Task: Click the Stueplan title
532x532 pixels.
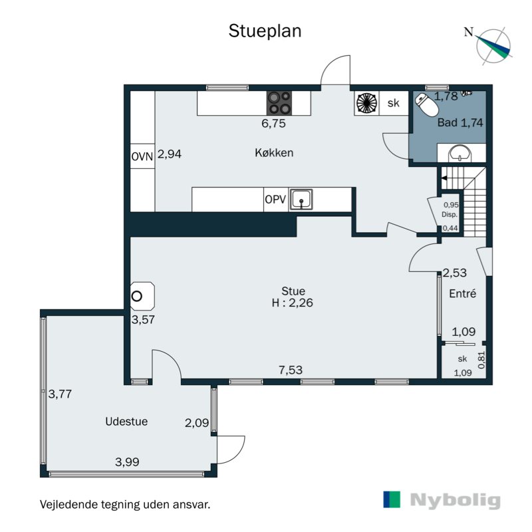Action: pos(265,31)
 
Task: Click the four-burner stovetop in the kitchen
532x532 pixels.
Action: pos(279,103)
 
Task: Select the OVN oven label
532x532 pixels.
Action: pos(142,156)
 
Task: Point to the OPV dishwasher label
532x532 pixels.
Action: pos(275,199)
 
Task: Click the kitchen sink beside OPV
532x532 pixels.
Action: pos(301,199)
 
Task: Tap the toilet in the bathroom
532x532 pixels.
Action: pos(427,104)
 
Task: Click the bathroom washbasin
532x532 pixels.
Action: pos(460,154)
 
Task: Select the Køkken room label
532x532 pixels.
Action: pos(274,153)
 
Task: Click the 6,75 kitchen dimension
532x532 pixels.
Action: pos(273,123)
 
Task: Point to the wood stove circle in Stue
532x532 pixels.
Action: pos(137,296)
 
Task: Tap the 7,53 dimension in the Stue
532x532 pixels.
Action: pos(291,370)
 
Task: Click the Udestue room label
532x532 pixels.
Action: pos(126,422)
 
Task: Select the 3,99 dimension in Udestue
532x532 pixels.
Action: pos(127,462)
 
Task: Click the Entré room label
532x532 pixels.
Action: pos(462,293)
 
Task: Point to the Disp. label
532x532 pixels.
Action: pos(450,214)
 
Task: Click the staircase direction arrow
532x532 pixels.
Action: pos(444,178)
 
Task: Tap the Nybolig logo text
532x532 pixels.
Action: pos(456,500)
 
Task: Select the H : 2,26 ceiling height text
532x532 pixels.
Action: pos(292,303)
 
